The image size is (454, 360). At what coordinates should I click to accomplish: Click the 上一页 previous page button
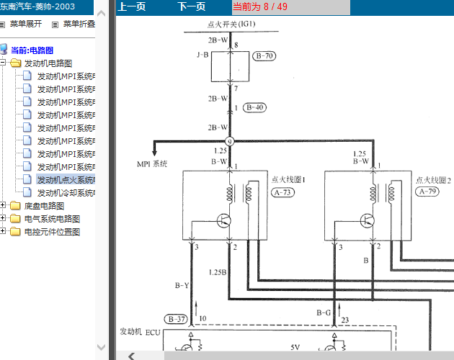(132, 7)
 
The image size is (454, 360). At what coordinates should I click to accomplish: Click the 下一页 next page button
(191, 7)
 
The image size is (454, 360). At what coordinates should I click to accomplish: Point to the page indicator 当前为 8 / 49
(259, 7)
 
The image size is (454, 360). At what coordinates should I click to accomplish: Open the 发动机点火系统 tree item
(66, 180)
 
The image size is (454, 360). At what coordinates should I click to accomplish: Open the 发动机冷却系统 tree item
(66, 193)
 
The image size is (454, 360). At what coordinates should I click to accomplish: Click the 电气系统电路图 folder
(52, 219)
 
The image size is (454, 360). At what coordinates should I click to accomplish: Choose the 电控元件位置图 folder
(52, 232)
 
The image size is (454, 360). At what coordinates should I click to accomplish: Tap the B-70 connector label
(265, 55)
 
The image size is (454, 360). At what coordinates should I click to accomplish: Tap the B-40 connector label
(255, 107)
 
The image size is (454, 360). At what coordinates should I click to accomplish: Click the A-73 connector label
(283, 192)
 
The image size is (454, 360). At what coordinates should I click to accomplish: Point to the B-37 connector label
(176, 318)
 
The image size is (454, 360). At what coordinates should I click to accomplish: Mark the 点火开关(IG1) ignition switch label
(232, 24)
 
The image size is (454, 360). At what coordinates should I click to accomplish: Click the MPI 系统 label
(152, 164)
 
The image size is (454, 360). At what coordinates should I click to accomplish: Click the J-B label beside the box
(202, 55)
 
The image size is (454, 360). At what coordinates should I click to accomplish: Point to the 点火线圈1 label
(288, 179)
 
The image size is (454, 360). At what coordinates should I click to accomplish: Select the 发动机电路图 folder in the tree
(48, 63)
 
